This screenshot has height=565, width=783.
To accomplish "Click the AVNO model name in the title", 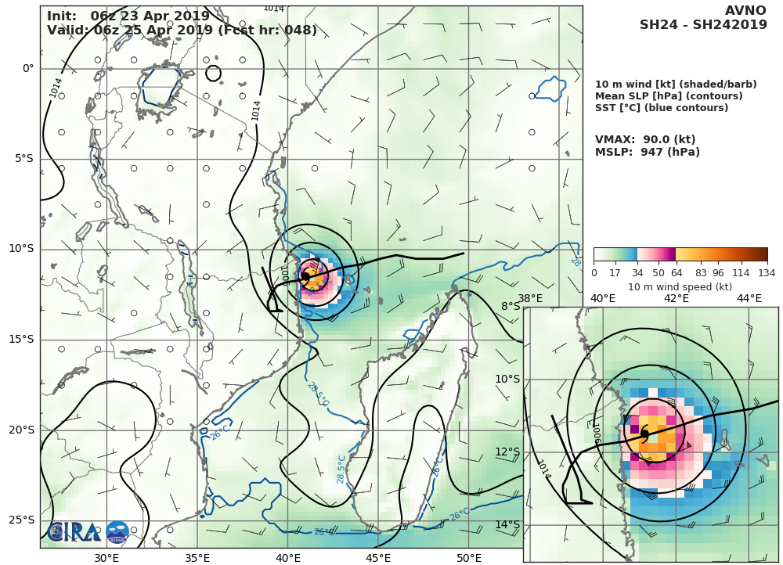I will point(745,10).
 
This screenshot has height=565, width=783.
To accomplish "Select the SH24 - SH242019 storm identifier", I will point(703,25).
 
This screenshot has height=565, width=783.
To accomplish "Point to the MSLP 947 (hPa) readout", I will point(647,153).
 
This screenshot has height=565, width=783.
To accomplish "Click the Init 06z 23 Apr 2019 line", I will point(128,16).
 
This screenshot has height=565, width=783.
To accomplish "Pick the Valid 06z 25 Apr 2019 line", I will point(182,31).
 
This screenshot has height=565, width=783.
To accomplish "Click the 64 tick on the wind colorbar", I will point(675,273).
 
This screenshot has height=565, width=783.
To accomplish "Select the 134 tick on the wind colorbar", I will point(767,273).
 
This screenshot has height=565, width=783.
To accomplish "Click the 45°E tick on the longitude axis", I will point(378,558).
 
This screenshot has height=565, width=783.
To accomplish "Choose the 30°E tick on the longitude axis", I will point(106,558).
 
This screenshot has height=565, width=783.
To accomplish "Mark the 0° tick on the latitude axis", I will point(28,69).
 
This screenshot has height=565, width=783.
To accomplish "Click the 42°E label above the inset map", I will point(676,298).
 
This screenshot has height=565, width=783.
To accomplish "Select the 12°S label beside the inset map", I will point(510,452).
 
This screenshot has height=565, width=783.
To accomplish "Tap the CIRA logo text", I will point(75,532).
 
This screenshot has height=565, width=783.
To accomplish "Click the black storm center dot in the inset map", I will point(644,434).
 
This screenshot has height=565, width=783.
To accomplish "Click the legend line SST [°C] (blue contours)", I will point(662,108).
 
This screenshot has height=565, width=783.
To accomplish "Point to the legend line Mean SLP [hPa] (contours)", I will point(669,96).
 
